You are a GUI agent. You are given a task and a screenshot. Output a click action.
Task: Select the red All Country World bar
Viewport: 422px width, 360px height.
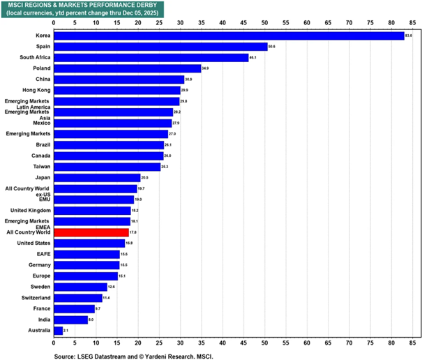coord(91,232)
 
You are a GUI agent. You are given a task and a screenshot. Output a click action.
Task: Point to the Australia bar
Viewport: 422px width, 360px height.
coord(58,331)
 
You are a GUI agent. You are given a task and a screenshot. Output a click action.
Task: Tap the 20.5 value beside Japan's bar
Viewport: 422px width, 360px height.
coord(145,178)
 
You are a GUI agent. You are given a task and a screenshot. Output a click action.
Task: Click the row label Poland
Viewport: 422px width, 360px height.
coord(40,68)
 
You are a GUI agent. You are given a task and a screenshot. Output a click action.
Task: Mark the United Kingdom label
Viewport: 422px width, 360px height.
coord(29,210)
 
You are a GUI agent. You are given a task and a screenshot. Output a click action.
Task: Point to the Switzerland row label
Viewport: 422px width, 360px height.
coord(33,297)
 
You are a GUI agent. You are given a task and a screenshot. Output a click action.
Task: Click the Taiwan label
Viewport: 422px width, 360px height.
coord(40,167)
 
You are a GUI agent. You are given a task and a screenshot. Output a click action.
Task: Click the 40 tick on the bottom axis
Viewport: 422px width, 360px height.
coord(223,343)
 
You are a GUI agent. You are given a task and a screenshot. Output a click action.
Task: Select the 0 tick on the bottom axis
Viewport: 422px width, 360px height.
coord(54,343)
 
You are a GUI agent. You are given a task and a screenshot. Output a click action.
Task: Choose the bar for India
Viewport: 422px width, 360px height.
coord(70,320)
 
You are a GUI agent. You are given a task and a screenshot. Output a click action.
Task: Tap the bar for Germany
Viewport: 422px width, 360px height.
coord(86,265)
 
